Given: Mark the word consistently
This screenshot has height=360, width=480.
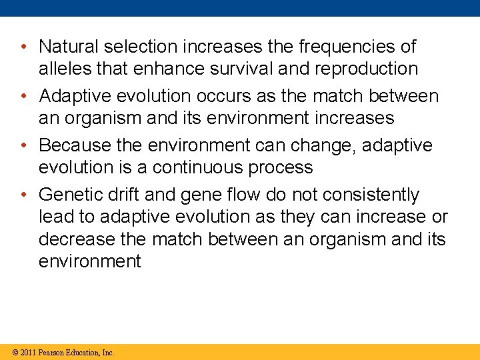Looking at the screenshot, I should coord(371,195).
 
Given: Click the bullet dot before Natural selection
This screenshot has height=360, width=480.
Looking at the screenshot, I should coord(23,47).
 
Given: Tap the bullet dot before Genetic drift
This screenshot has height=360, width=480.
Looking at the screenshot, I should coord(23,195).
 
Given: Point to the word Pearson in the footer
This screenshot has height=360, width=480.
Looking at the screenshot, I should coord(52,352).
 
